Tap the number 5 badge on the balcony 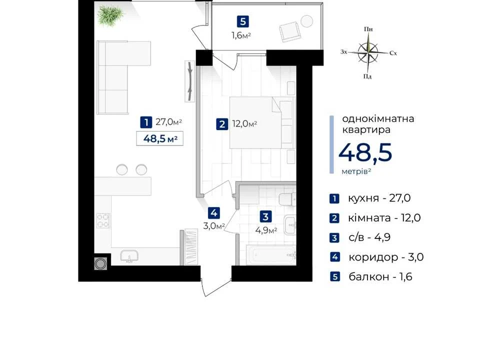[243, 21]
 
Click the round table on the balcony [306, 21]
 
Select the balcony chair [290, 31]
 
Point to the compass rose [368, 52]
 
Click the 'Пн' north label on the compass [368, 29]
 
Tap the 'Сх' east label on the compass [393, 53]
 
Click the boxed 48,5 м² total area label [160, 138]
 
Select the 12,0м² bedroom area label [244, 124]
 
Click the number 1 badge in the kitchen [146, 122]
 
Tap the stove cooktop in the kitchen [103, 220]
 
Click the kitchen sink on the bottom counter [129, 256]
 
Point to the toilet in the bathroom [287, 199]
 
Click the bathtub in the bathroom [271, 254]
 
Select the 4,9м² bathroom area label [266, 230]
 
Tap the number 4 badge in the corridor [214, 213]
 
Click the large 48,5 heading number [365, 152]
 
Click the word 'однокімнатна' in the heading [378, 118]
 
